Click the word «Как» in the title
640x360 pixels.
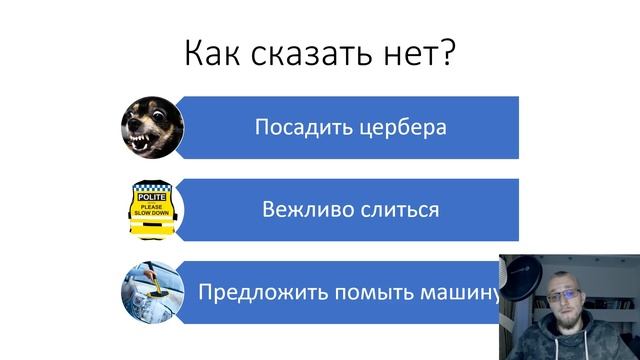212,51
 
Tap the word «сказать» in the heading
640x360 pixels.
306,51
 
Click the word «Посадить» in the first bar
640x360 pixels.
298,128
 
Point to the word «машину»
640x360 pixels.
466,294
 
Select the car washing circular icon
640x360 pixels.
151,292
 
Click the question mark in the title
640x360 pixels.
447,51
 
